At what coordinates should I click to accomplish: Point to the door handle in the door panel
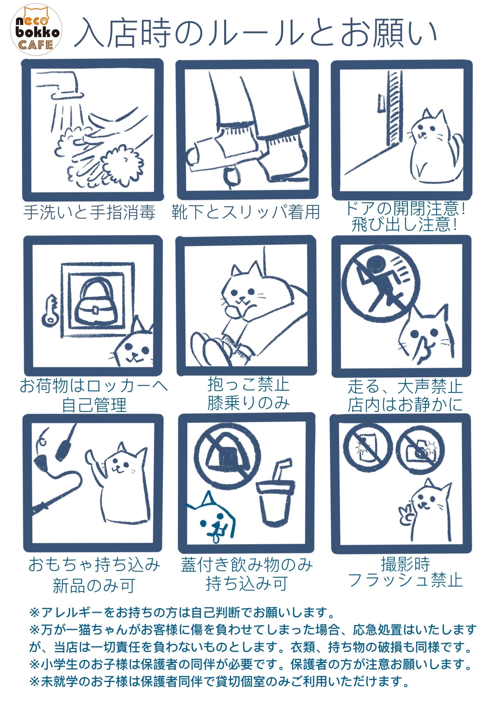[x=381, y=102]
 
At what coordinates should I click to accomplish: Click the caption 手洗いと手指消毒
[x=89, y=212]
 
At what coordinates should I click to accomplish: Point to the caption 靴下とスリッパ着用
[x=246, y=212]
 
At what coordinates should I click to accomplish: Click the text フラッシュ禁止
[x=405, y=580]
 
